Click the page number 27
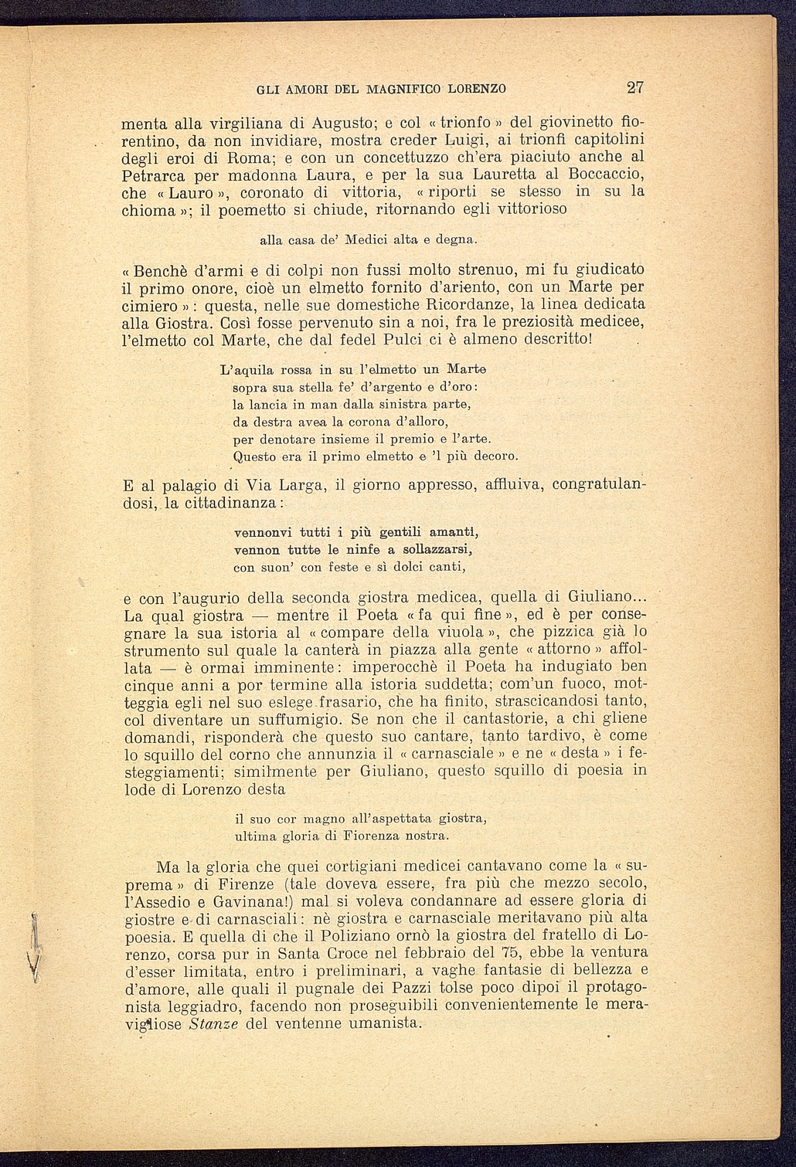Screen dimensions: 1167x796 [635, 87]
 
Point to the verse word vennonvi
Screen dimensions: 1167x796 [263, 532]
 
